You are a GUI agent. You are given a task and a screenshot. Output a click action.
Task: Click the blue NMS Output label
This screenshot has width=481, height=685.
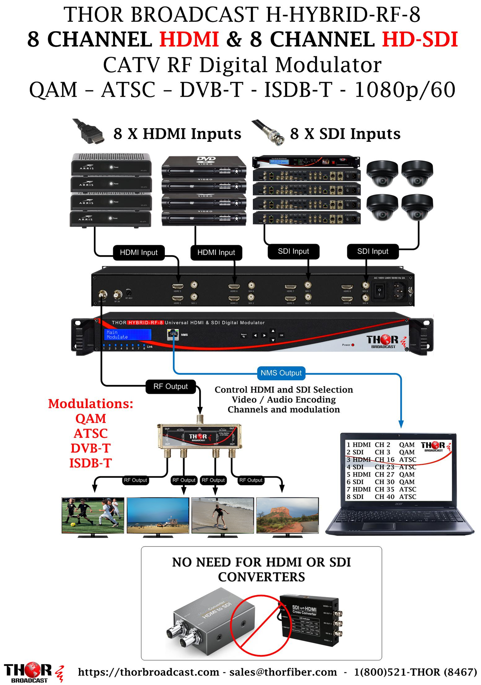[281, 373]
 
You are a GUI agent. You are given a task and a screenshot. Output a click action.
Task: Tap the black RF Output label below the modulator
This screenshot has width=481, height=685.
[170, 387]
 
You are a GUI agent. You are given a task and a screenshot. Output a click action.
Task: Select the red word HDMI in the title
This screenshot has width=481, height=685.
[189, 39]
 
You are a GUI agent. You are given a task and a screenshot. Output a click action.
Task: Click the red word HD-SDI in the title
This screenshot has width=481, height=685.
[420, 39]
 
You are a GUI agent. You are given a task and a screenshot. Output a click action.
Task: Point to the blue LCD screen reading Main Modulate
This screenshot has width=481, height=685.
[127, 335]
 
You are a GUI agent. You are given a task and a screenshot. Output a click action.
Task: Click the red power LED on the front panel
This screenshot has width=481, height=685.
[353, 345]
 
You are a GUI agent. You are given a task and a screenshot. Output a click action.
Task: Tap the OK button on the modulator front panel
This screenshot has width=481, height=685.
[281, 335]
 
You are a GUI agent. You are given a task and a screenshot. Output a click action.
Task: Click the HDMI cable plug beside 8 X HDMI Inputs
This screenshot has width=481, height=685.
[90, 133]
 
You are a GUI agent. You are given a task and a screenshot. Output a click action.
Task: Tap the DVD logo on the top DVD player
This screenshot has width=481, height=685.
[206, 160]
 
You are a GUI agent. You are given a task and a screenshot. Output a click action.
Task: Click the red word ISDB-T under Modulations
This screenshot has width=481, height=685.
[90, 463]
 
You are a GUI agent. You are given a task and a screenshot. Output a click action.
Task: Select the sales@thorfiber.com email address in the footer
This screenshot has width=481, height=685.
[283, 672]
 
